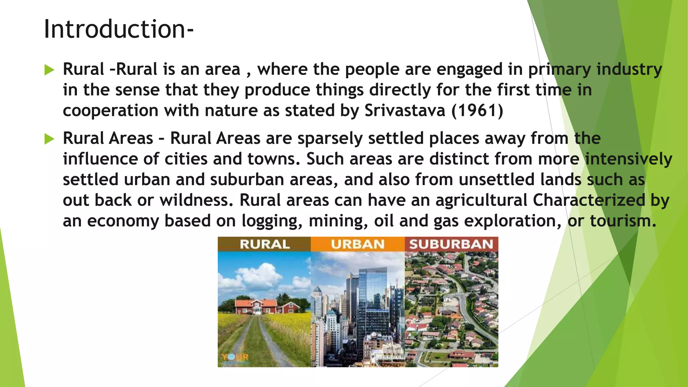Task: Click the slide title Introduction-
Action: (119, 29)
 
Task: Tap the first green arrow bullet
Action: (49, 70)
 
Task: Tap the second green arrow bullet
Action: (49, 139)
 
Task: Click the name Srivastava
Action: (405, 111)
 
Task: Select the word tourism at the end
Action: (623, 221)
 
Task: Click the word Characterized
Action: (589, 200)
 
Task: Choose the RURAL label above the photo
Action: (265, 244)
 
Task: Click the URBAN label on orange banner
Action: (358, 244)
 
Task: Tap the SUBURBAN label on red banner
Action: (451, 244)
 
